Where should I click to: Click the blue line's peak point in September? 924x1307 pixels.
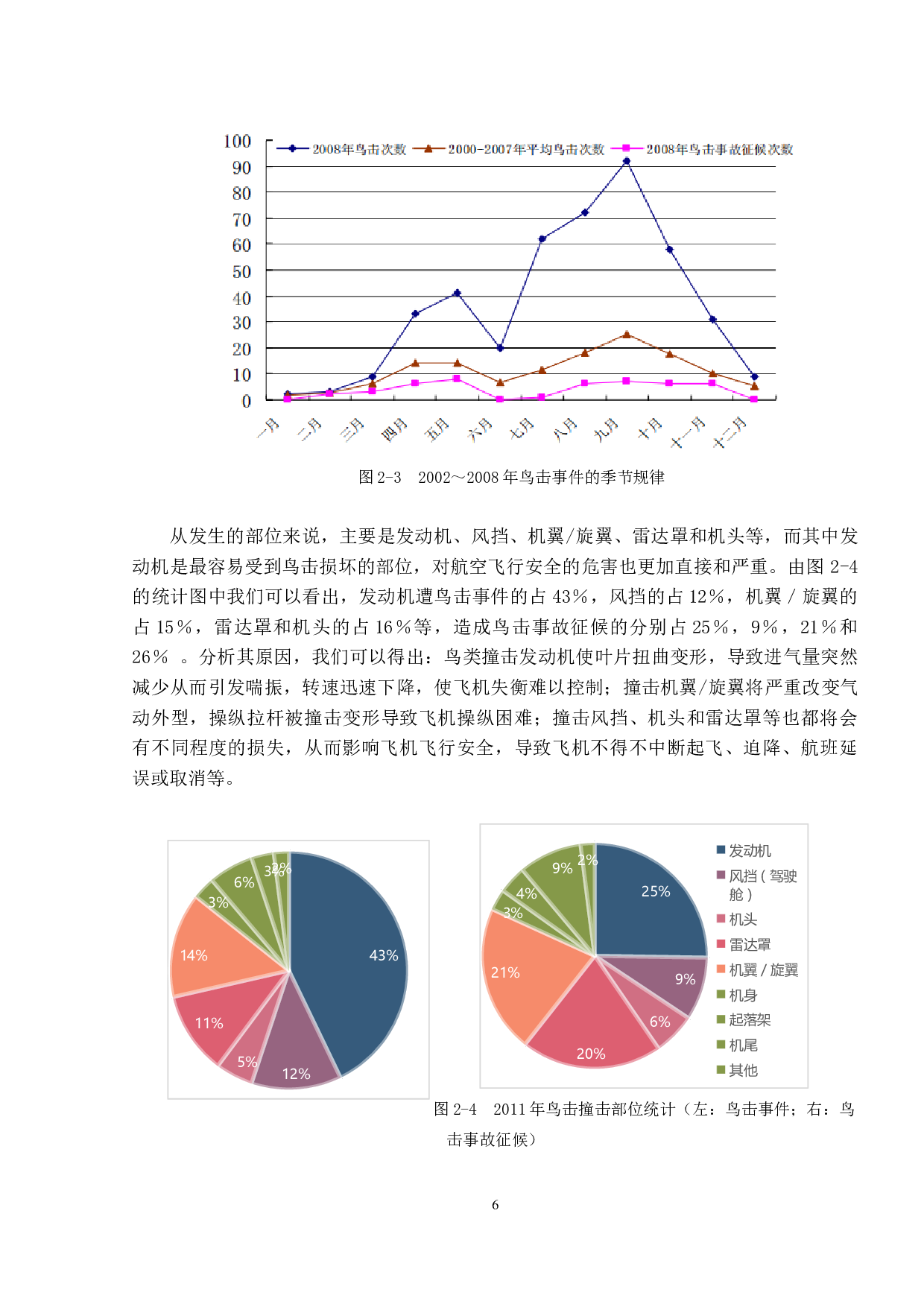627,161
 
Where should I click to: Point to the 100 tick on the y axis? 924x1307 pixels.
238,142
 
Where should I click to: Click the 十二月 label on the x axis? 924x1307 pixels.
730,433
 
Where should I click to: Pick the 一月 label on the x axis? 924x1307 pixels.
268,428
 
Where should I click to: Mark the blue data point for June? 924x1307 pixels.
500,348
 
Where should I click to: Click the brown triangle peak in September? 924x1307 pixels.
627,335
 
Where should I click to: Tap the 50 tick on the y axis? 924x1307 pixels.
241,271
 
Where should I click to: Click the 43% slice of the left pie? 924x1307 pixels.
350,961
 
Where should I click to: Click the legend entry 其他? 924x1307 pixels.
743,1071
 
